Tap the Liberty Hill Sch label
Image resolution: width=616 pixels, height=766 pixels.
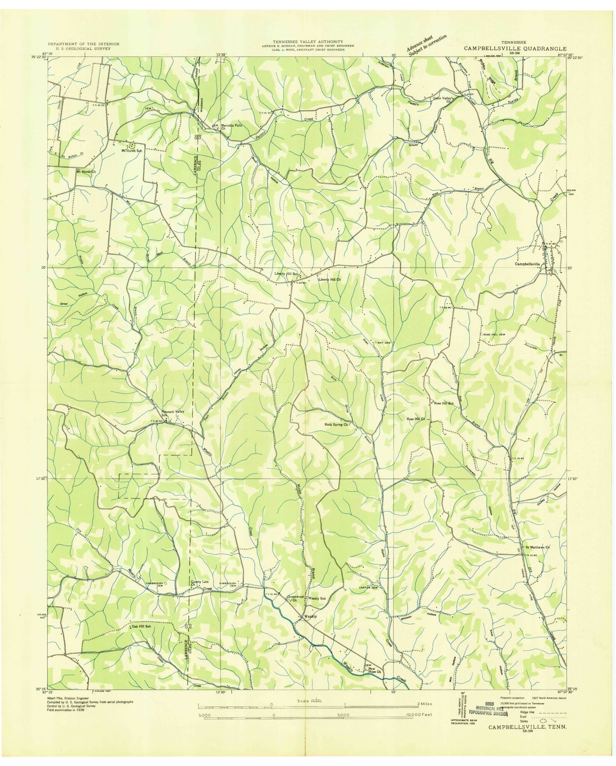click(286, 274)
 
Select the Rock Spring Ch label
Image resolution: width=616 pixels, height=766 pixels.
click(337, 425)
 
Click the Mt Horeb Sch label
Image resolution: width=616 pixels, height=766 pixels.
click(132, 150)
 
